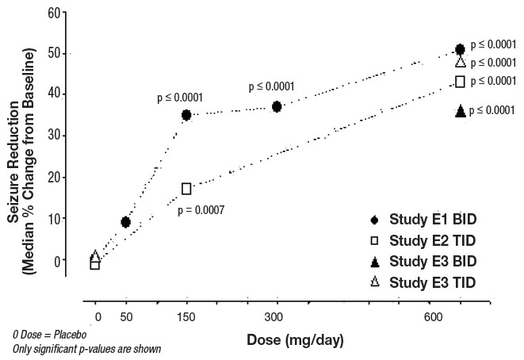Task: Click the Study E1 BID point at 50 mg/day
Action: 125,222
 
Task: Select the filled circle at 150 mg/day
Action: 186,115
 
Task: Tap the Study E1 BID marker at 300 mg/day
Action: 277,106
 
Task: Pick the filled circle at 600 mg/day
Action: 460,50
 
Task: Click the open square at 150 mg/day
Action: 186,189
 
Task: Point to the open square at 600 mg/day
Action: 460,81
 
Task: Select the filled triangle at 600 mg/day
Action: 460,111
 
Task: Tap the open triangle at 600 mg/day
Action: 460,63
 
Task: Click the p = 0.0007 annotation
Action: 201,210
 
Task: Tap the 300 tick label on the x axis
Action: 277,317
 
